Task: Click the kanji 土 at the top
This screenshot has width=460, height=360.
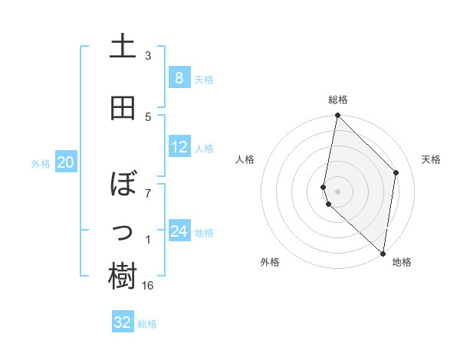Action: coord(123,47)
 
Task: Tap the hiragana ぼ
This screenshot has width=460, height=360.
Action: coord(123,185)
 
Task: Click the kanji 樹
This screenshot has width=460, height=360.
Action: coord(123,277)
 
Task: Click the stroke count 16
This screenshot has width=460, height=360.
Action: coord(148,286)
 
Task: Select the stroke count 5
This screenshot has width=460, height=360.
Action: coord(148,116)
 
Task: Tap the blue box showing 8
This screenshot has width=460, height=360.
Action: coord(179,78)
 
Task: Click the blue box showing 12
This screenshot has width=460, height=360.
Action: coord(179,147)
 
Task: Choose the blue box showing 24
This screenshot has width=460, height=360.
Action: coord(179,231)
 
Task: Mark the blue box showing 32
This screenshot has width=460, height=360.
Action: coord(123,322)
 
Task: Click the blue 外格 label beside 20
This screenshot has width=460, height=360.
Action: coord(41,163)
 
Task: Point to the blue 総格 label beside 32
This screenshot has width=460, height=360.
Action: coord(147,324)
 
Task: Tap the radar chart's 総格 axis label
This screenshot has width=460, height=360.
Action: coord(338,100)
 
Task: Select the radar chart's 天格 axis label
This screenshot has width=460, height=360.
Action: coord(432,159)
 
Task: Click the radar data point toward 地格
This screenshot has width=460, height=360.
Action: coord(383,253)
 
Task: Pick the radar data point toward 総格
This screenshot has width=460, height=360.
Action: coord(337,116)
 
